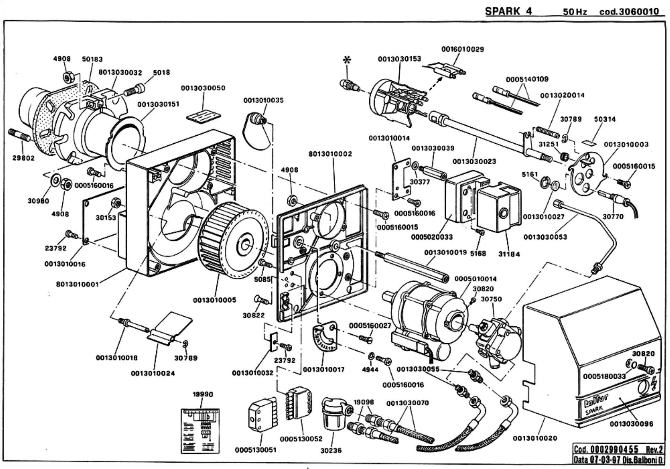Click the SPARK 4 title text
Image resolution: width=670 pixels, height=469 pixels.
[x=508, y=11]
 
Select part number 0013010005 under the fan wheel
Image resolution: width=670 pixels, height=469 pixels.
[x=214, y=300]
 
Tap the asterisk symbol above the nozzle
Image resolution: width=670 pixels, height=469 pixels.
[x=347, y=60]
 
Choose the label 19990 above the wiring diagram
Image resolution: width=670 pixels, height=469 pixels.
[x=203, y=394]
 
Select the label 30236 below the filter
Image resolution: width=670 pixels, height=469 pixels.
[x=331, y=450]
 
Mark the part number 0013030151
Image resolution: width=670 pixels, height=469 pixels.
[x=158, y=104]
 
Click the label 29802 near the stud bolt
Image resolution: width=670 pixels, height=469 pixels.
[x=23, y=158]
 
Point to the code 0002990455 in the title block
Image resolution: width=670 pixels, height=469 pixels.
[x=614, y=449]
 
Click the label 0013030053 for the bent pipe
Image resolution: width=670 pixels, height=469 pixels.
[x=545, y=237]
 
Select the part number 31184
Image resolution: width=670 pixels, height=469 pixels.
[x=509, y=254]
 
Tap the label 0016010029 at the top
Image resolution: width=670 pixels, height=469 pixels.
[x=463, y=49]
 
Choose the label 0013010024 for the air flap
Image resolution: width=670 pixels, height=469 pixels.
[x=153, y=373]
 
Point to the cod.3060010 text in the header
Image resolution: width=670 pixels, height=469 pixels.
[x=629, y=12]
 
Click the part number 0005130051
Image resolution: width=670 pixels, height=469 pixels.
[x=256, y=450]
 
